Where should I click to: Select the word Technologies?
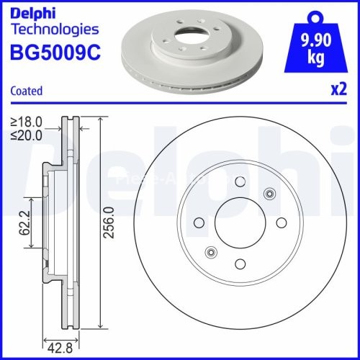pyautogui.click(x=55, y=30)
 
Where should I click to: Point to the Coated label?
pyautogui.click(x=27, y=91)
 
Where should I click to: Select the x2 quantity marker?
pyautogui.click(x=338, y=91)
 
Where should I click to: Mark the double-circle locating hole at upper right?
pyautogui.click(x=270, y=193)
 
